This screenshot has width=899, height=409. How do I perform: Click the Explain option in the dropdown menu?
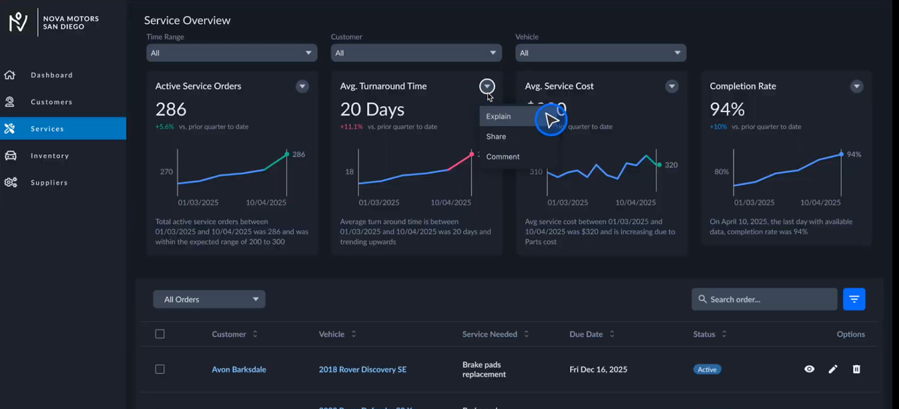click(499, 116)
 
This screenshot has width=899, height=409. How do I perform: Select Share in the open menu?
click(496, 136)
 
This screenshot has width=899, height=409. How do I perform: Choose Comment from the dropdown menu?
click(503, 157)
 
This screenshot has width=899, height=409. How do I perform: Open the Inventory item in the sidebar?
click(49, 155)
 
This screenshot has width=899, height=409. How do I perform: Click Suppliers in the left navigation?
click(49, 182)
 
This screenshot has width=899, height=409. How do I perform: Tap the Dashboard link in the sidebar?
click(51, 75)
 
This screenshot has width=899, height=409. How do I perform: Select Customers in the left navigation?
click(51, 102)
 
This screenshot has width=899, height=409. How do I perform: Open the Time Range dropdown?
click(231, 53)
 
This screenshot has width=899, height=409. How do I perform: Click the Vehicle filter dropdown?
click(600, 53)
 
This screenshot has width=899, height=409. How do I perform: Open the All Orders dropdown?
click(209, 299)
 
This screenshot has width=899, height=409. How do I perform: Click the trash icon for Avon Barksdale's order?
click(856, 369)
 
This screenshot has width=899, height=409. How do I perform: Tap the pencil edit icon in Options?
click(833, 369)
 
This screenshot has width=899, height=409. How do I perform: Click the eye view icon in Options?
click(809, 369)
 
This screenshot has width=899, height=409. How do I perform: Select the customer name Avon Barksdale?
click(239, 369)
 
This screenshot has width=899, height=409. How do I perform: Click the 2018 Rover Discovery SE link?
click(362, 369)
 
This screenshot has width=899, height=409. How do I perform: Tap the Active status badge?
click(707, 369)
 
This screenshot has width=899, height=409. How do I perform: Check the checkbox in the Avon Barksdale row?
click(160, 369)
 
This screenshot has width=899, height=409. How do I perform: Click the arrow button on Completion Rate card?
click(856, 86)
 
